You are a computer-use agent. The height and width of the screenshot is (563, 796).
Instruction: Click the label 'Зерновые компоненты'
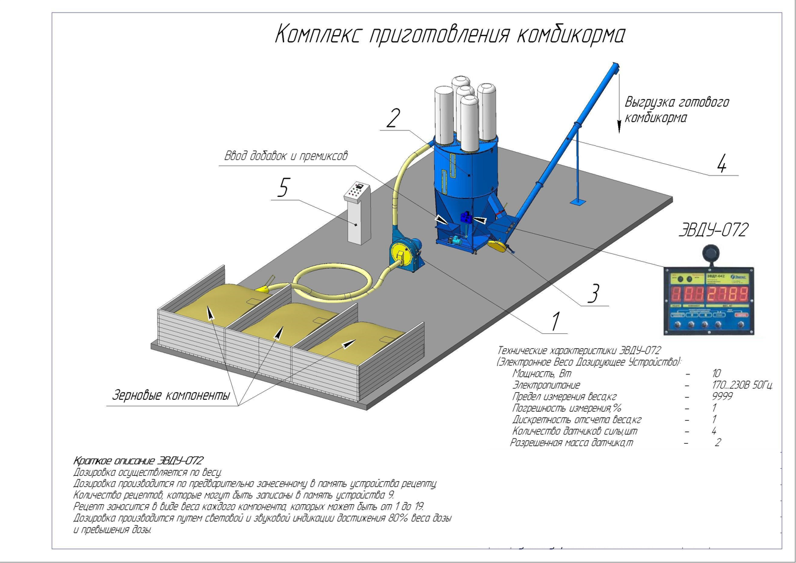(x=173, y=396)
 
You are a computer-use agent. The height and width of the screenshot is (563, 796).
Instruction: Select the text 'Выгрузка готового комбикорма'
(x=676, y=110)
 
